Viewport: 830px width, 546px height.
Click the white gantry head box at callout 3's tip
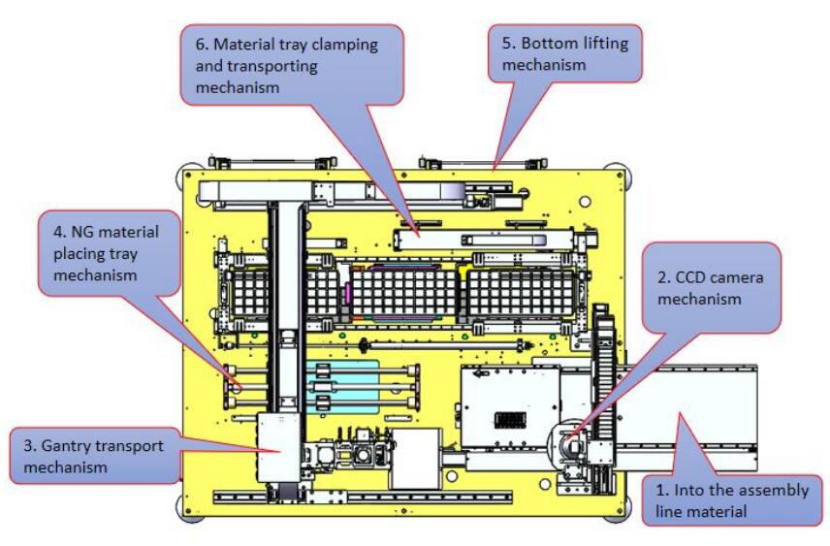282,445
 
